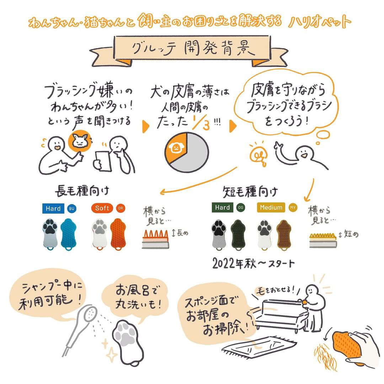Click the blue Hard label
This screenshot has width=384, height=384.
click(x=53, y=208)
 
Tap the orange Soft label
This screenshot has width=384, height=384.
click(x=102, y=208)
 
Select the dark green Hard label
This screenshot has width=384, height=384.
click(x=222, y=207)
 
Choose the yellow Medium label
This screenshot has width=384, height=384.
click(x=271, y=207)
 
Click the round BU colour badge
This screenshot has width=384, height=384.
click(x=71, y=209)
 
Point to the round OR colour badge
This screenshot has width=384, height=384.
click(x=121, y=208)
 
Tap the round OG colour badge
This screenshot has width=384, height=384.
click(x=241, y=208)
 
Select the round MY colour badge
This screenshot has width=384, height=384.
click(x=293, y=208)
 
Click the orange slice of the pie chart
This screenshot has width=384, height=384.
click(x=176, y=147)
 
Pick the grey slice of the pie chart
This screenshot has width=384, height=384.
click(x=195, y=154)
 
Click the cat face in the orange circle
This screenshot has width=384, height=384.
click(x=80, y=141)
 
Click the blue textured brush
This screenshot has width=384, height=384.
click(x=68, y=234)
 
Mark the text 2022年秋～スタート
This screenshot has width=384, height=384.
click(x=254, y=263)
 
